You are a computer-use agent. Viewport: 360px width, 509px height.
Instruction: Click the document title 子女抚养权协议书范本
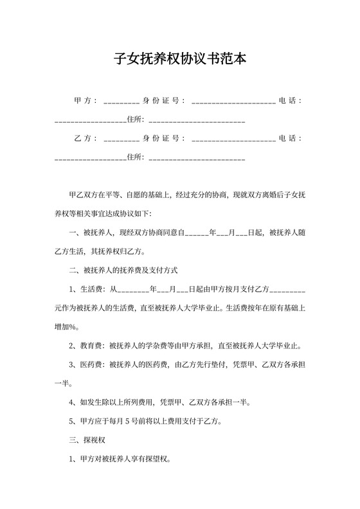180,59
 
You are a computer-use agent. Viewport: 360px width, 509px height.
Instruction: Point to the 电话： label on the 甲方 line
291,101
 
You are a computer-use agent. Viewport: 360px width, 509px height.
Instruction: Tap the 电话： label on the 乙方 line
291,138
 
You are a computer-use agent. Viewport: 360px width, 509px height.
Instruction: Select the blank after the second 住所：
197,158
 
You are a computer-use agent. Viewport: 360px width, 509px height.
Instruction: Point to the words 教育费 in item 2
93,346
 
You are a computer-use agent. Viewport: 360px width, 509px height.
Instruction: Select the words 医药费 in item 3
93,364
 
